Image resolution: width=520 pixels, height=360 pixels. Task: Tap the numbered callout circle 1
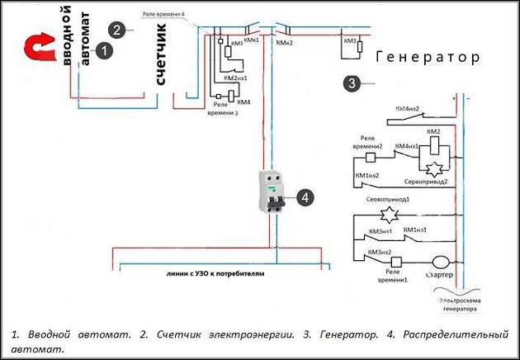104,50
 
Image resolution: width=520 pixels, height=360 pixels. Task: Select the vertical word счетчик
161,54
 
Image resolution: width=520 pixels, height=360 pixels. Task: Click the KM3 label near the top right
350,40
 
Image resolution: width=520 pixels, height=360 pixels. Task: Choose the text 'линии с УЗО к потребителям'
214,274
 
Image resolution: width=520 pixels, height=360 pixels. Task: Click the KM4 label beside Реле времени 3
244,102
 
